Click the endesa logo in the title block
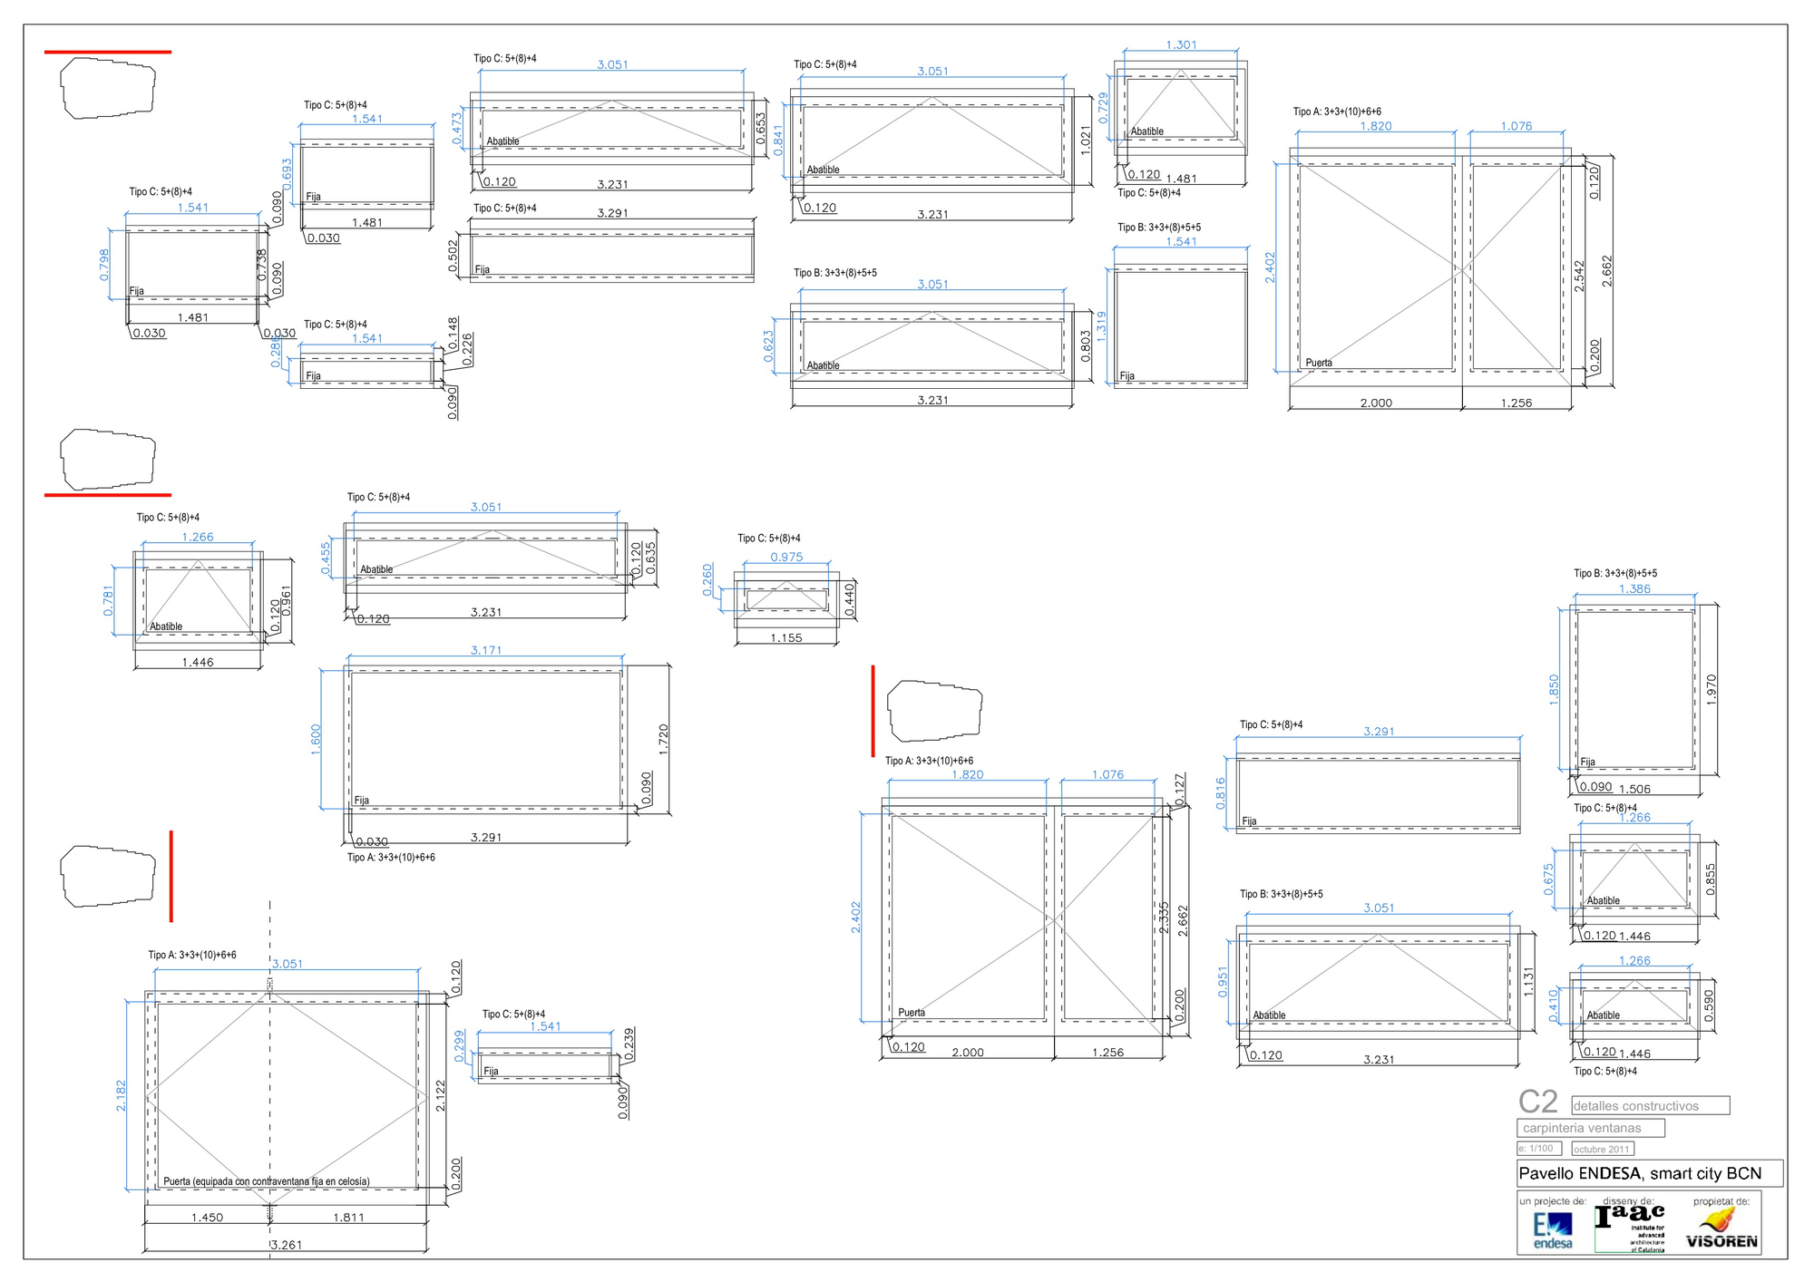tap(1552, 1231)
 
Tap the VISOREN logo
tap(1721, 1231)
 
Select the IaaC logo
tap(1630, 1226)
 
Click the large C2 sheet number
tap(1538, 1102)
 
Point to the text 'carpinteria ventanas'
tap(1582, 1128)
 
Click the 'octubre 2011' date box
tap(1602, 1149)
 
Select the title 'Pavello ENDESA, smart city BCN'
tap(1640, 1173)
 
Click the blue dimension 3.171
tap(486, 650)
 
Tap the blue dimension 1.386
tap(1634, 588)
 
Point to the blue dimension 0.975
tap(786, 557)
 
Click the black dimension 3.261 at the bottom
tap(287, 1245)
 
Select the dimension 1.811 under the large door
tap(348, 1218)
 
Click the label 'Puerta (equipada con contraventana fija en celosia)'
tap(266, 1181)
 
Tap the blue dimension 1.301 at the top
tap(1181, 44)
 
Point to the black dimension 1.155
tap(786, 637)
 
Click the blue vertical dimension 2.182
tap(121, 1095)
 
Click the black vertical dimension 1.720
tap(663, 740)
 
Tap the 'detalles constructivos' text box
tap(1649, 1105)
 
